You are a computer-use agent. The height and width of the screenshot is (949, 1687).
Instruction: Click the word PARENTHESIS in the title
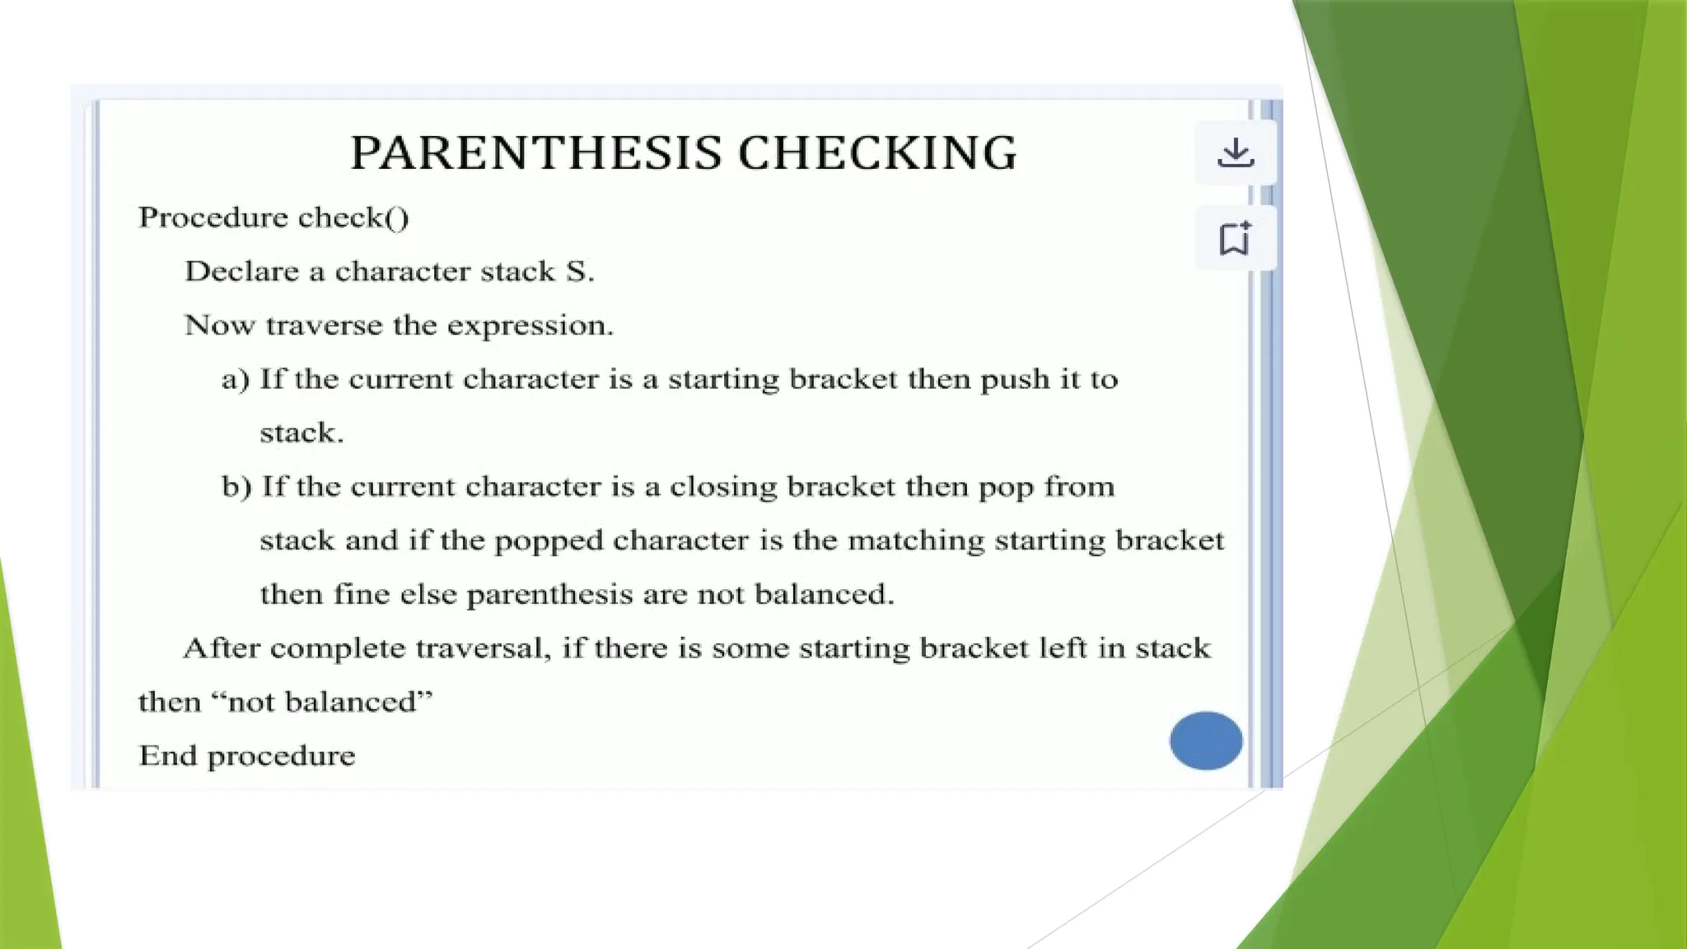click(536, 153)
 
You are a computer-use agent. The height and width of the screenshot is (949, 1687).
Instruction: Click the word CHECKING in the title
click(877, 153)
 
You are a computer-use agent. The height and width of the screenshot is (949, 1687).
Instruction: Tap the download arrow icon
click(1236, 152)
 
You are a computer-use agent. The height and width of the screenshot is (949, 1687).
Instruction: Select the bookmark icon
click(1235, 239)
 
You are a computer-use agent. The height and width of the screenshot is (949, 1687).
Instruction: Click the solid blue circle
click(1206, 741)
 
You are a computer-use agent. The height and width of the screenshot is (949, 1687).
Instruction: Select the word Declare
click(241, 272)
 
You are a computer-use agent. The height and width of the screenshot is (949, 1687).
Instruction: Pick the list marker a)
click(235, 380)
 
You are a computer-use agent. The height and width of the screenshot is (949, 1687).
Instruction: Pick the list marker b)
click(236, 487)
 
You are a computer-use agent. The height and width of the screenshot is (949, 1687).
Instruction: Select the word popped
click(549, 541)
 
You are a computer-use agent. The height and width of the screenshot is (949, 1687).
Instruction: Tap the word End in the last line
click(168, 756)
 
